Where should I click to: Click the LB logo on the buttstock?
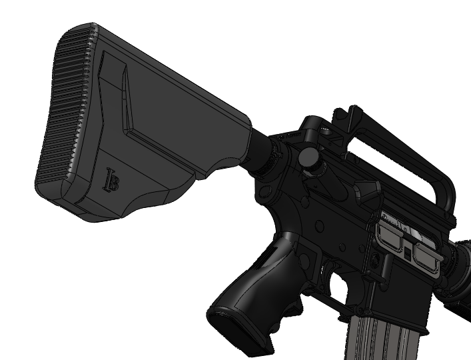(111, 181)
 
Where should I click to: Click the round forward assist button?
(308, 157)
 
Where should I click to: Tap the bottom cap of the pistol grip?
(237, 331)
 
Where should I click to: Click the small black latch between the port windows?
(407, 253)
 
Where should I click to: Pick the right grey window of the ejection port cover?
(426, 256)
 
